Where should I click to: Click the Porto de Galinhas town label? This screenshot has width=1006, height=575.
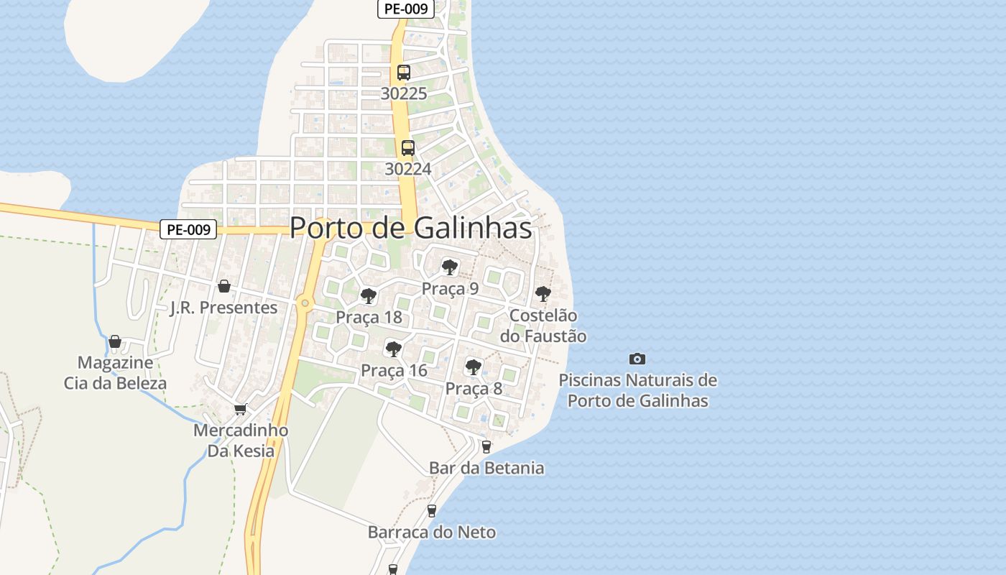tap(410, 228)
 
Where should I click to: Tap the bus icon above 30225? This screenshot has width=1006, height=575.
tap(404, 73)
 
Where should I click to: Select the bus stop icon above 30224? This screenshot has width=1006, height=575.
tap(408, 148)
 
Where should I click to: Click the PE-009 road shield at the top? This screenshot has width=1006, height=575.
tap(406, 9)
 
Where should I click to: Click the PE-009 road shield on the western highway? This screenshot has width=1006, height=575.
tap(188, 229)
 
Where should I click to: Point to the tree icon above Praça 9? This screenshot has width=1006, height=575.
tap(450, 268)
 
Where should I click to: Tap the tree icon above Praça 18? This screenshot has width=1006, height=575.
tap(369, 296)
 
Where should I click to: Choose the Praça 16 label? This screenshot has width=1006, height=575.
tap(394, 371)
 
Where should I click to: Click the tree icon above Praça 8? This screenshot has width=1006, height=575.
tap(473, 367)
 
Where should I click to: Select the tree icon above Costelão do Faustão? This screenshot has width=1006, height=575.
tap(543, 294)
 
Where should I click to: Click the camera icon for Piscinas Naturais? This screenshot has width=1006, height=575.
tap(637, 359)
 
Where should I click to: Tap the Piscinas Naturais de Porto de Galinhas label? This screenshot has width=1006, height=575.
tap(638, 390)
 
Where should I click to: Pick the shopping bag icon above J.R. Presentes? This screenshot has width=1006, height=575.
tap(224, 286)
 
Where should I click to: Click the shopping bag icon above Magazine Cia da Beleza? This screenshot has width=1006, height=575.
tap(115, 341)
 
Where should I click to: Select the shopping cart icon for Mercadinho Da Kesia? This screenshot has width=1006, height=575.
tap(241, 409)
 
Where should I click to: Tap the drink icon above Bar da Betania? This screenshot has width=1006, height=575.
tap(486, 447)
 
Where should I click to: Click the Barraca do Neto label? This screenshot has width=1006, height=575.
tap(432, 533)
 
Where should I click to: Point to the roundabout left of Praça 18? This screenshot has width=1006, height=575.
tap(305, 303)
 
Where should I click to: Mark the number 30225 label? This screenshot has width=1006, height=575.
tap(404, 93)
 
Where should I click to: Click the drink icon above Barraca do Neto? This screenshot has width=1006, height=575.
tap(432, 511)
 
